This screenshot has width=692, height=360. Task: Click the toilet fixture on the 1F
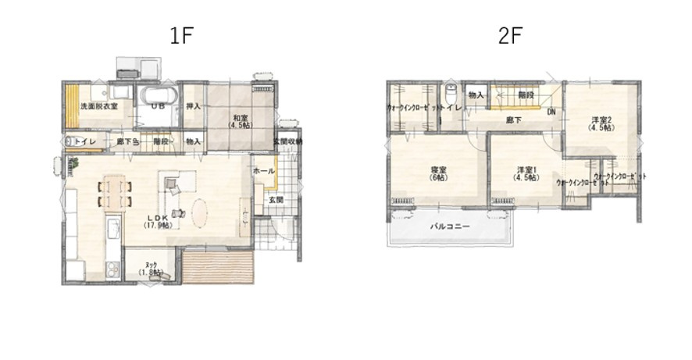(x=72, y=141)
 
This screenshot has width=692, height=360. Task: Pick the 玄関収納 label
(x=287, y=141)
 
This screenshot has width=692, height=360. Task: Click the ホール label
(x=263, y=171)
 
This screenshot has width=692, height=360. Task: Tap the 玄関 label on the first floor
(x=276, y=200)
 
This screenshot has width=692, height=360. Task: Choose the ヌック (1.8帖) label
(x=150, y=268)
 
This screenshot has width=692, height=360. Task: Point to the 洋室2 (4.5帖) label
(x=600, y=123)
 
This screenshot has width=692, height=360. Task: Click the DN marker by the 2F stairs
(x=551, y=112)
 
